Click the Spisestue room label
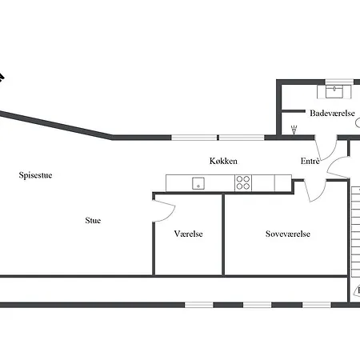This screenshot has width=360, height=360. pos(35,175)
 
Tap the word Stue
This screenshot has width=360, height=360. pos(93,220)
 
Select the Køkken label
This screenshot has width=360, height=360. pos(223,161)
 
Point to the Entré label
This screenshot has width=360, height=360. pos(310,161)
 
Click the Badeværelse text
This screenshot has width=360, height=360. pos(332,113)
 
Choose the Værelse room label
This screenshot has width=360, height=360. pos(188,234)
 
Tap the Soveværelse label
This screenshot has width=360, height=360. pos(288,234)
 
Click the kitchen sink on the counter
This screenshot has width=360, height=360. pos(198,183)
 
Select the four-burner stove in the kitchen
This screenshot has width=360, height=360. pos(243,182)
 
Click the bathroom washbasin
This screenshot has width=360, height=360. pos(334,92)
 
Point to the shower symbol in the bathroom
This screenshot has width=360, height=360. pos(294,130)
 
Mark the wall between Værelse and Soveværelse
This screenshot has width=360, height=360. pos(223,234)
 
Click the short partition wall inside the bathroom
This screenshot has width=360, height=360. pos(294,111)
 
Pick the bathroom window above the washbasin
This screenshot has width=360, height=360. pos(339,82)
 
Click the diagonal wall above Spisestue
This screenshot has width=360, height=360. pos(56,125)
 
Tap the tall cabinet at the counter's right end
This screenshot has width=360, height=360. pos(283,183)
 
